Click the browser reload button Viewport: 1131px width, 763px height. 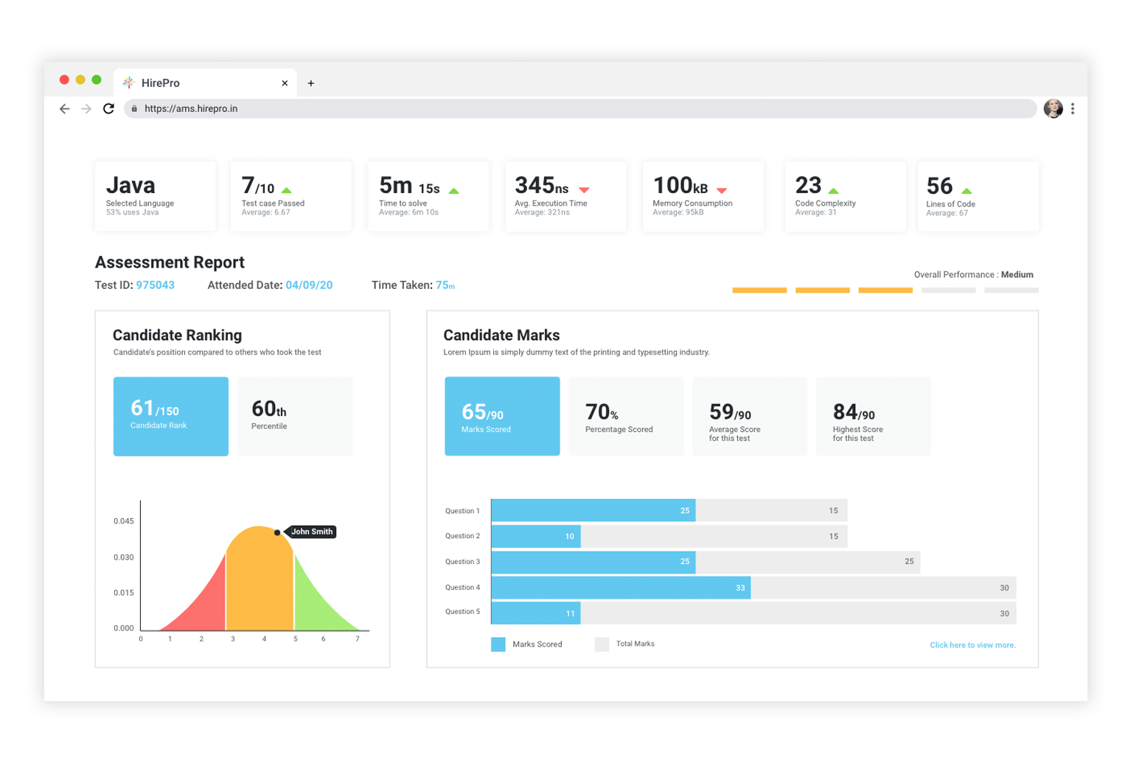point(108,108)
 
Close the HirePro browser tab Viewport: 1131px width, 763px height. point(285,83)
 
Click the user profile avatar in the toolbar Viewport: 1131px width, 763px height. point(1053,108)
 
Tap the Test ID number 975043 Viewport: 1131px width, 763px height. point(155,285)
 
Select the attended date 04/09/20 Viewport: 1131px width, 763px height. point(309,285)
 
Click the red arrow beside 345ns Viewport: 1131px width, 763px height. point(584,190)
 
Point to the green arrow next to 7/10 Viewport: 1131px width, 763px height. point(287,190)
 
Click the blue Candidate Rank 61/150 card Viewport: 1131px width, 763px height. point(170,416)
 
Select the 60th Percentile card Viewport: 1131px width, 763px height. point(295,416)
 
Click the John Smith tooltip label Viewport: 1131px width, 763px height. point(312,532)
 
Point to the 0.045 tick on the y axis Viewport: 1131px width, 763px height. point(124,521)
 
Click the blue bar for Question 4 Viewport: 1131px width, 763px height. point(620,588)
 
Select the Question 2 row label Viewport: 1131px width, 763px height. point(462,536)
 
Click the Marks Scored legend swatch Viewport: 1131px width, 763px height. point(498,644)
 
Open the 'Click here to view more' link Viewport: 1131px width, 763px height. point(972,645)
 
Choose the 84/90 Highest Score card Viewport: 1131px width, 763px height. point(873,416)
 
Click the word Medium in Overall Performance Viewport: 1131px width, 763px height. point(1017,274)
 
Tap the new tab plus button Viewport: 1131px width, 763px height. point(311,83)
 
